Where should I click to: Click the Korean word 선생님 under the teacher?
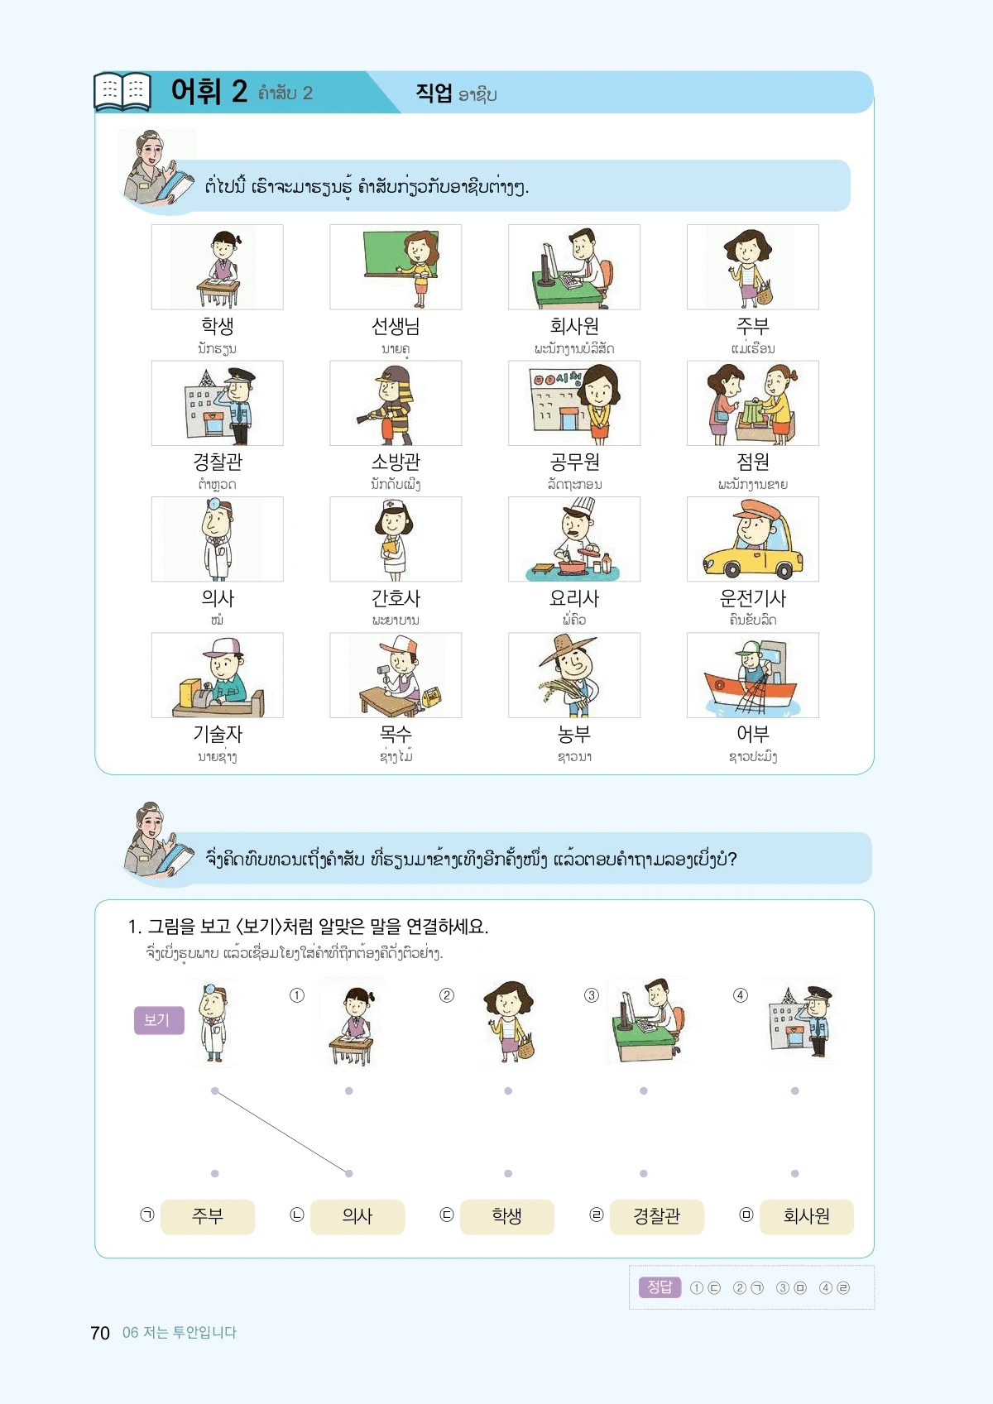click(x=396, y=326)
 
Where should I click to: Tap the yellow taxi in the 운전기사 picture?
click(x=753, y=554)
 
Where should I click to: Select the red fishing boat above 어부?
click(x=751, y=692)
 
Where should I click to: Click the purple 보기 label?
click(x=159, y=1020)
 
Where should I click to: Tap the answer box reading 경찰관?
click(x=656, y=1216)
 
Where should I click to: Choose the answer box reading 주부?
click(x=208, y=1216)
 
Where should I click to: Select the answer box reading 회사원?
click(x=806, y=1216)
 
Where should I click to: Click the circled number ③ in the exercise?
click(x=591, y=995)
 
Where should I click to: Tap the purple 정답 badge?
click(x=660, y=1287)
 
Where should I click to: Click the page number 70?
click(x=100, y=1333)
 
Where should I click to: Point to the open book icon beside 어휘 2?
click(x=122, y=92)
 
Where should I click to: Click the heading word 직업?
click(x=434, y=93)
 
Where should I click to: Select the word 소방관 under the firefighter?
click(x=396, y=462)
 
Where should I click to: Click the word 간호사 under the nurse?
click(x=396, y=598)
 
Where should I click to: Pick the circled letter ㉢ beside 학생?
click(x=446, y=1215)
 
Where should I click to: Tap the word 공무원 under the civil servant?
click(x=574, y=462)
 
